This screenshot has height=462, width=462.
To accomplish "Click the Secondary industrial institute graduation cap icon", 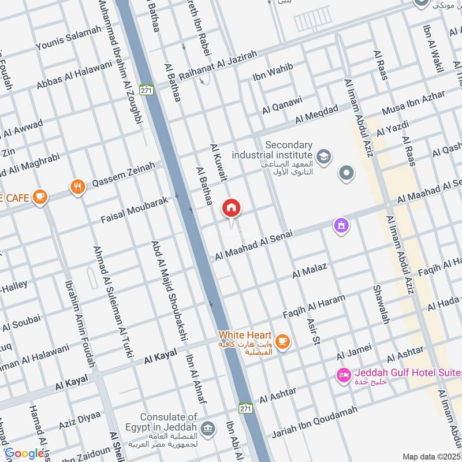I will (323, 155).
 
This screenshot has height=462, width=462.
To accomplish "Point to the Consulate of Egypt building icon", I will (208, 429).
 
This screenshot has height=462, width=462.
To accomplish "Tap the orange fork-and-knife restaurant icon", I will (77, 187).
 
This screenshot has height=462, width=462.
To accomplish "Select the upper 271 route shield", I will (147, 91).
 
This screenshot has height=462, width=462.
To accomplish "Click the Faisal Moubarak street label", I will (134, 210).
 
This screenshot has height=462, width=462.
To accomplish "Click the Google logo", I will (24, 453).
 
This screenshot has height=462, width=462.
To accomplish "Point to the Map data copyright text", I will (431, 456).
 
